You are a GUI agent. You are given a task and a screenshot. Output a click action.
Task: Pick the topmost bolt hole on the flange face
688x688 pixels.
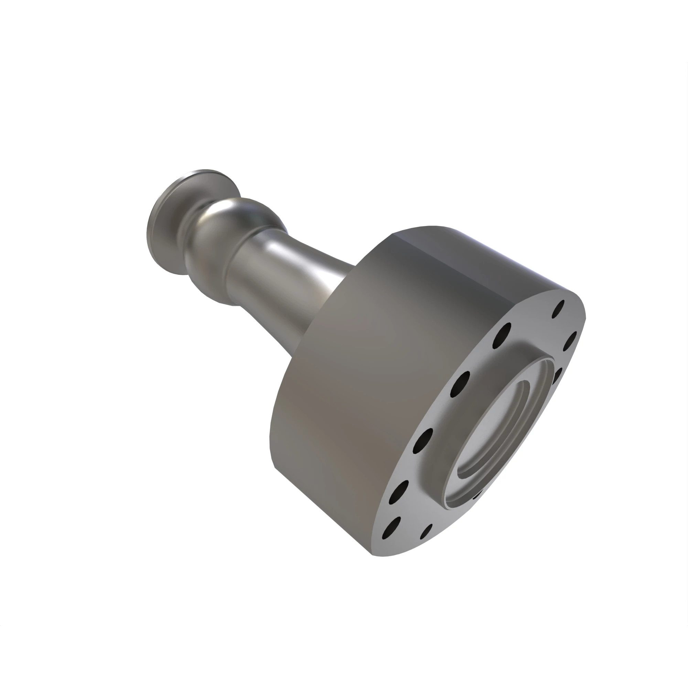click(x=558, y=309)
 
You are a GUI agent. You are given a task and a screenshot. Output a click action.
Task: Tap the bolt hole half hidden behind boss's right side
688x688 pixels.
click(x=557, y=374)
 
